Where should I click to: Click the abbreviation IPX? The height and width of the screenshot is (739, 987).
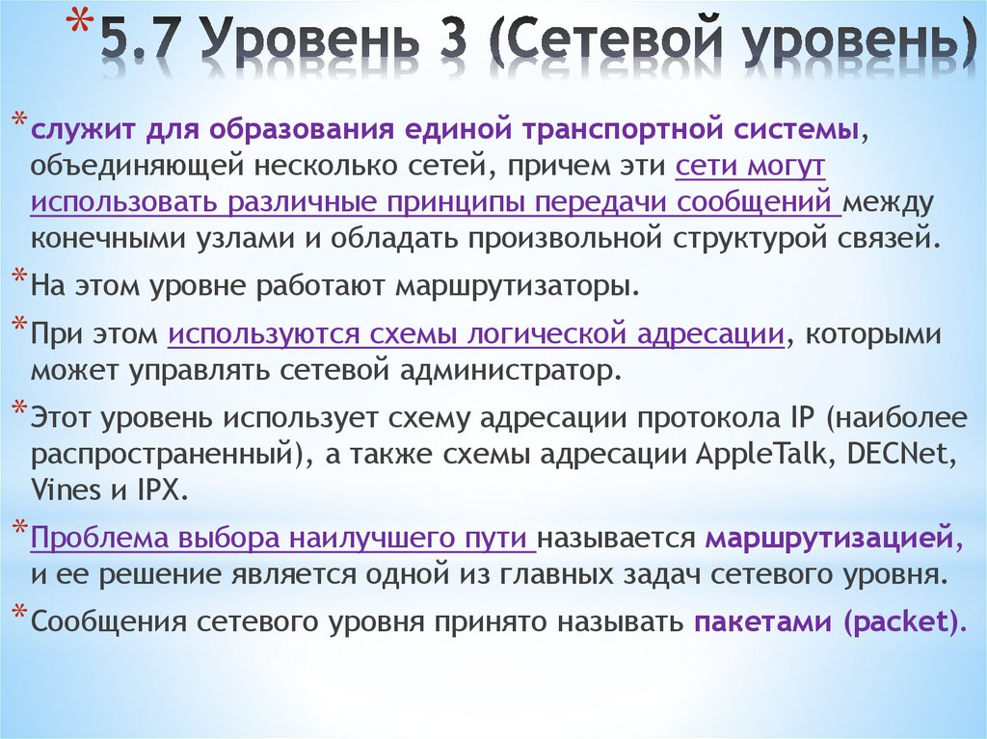point(156,490)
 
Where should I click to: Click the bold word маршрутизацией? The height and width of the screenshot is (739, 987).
point(828,538)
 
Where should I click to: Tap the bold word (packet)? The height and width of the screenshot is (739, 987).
point(901,621)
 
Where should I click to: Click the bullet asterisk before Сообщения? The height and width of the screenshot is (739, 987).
point(20,615)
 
